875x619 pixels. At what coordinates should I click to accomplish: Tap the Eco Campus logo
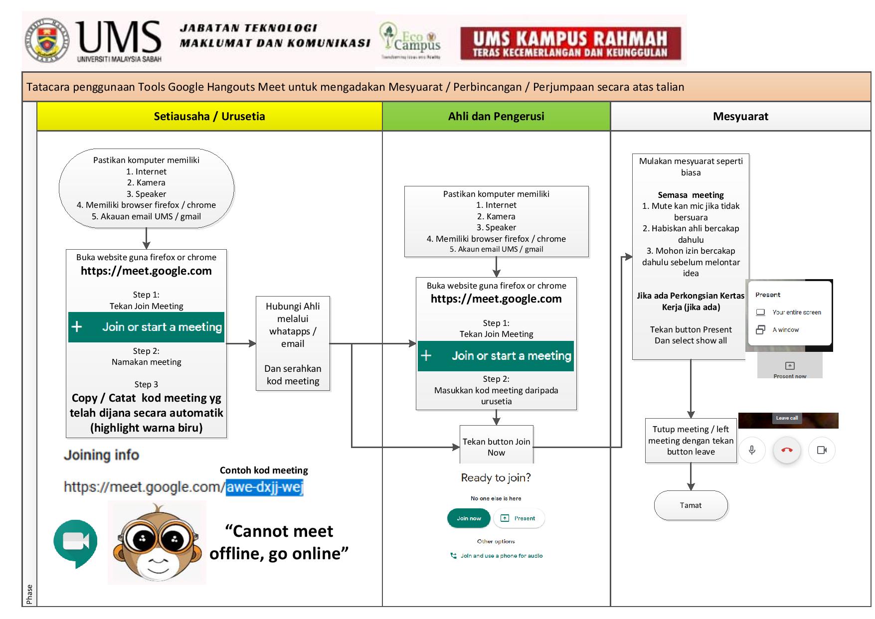[410, 41]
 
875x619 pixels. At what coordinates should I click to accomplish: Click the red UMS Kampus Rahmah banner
[570, 44]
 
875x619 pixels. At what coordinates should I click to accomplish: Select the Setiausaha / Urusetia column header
[209, 117]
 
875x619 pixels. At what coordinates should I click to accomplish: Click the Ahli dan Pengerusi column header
[496, 117]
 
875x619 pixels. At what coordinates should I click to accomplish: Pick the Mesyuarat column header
[740, 117]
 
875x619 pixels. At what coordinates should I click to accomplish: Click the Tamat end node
[691, 505]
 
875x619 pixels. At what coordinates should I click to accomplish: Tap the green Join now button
[469, 518]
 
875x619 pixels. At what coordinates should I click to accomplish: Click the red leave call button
[787, 450]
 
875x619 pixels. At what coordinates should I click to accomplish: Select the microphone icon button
[752, 450]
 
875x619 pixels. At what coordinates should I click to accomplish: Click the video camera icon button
[822, 450]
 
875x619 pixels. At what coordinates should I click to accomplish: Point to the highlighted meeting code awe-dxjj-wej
[264, 487]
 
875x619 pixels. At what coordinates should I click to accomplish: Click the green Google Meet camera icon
[75, 542]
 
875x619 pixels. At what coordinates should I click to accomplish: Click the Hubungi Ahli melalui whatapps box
[293, 343]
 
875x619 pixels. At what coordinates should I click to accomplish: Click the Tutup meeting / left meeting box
[691, 441]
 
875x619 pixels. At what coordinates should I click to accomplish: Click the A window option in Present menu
[785, 330]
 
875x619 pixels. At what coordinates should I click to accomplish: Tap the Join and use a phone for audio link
[501, 556]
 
